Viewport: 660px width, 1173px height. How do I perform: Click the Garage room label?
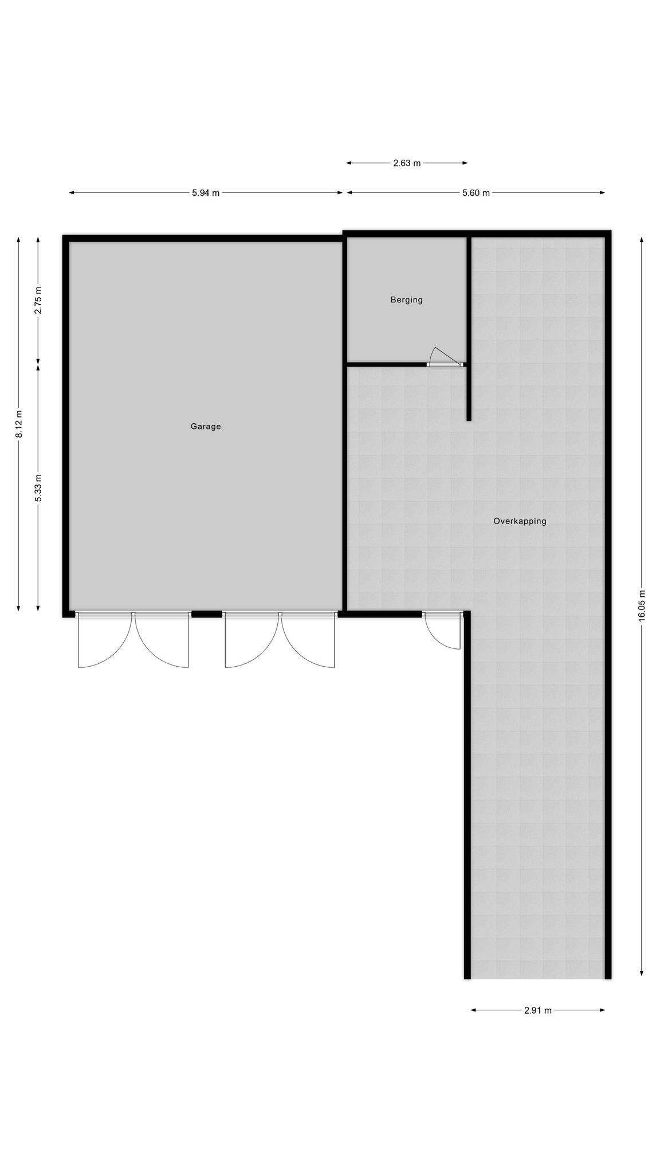pos(206,426)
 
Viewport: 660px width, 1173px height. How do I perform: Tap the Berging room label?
pos(407,300)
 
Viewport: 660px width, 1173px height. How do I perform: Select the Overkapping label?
pos(520,521)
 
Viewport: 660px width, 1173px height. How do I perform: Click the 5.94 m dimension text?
pos(206,193)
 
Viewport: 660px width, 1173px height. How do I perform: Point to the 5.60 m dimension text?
pos(476,193)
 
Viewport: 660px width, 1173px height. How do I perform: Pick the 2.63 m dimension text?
pos(407,163)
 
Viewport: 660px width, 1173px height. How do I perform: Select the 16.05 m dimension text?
pos(642,605)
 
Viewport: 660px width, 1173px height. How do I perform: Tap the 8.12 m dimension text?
pos(19,424)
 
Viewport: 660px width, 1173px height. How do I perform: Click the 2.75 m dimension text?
pos(38,300)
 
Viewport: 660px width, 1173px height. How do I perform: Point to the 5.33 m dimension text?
pos(38,488)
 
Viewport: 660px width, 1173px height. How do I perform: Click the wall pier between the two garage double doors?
pos(207,615)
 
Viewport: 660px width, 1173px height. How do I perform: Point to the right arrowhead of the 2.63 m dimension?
pos(465,163)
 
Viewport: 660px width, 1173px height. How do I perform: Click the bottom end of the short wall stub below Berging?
pos(469,420)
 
